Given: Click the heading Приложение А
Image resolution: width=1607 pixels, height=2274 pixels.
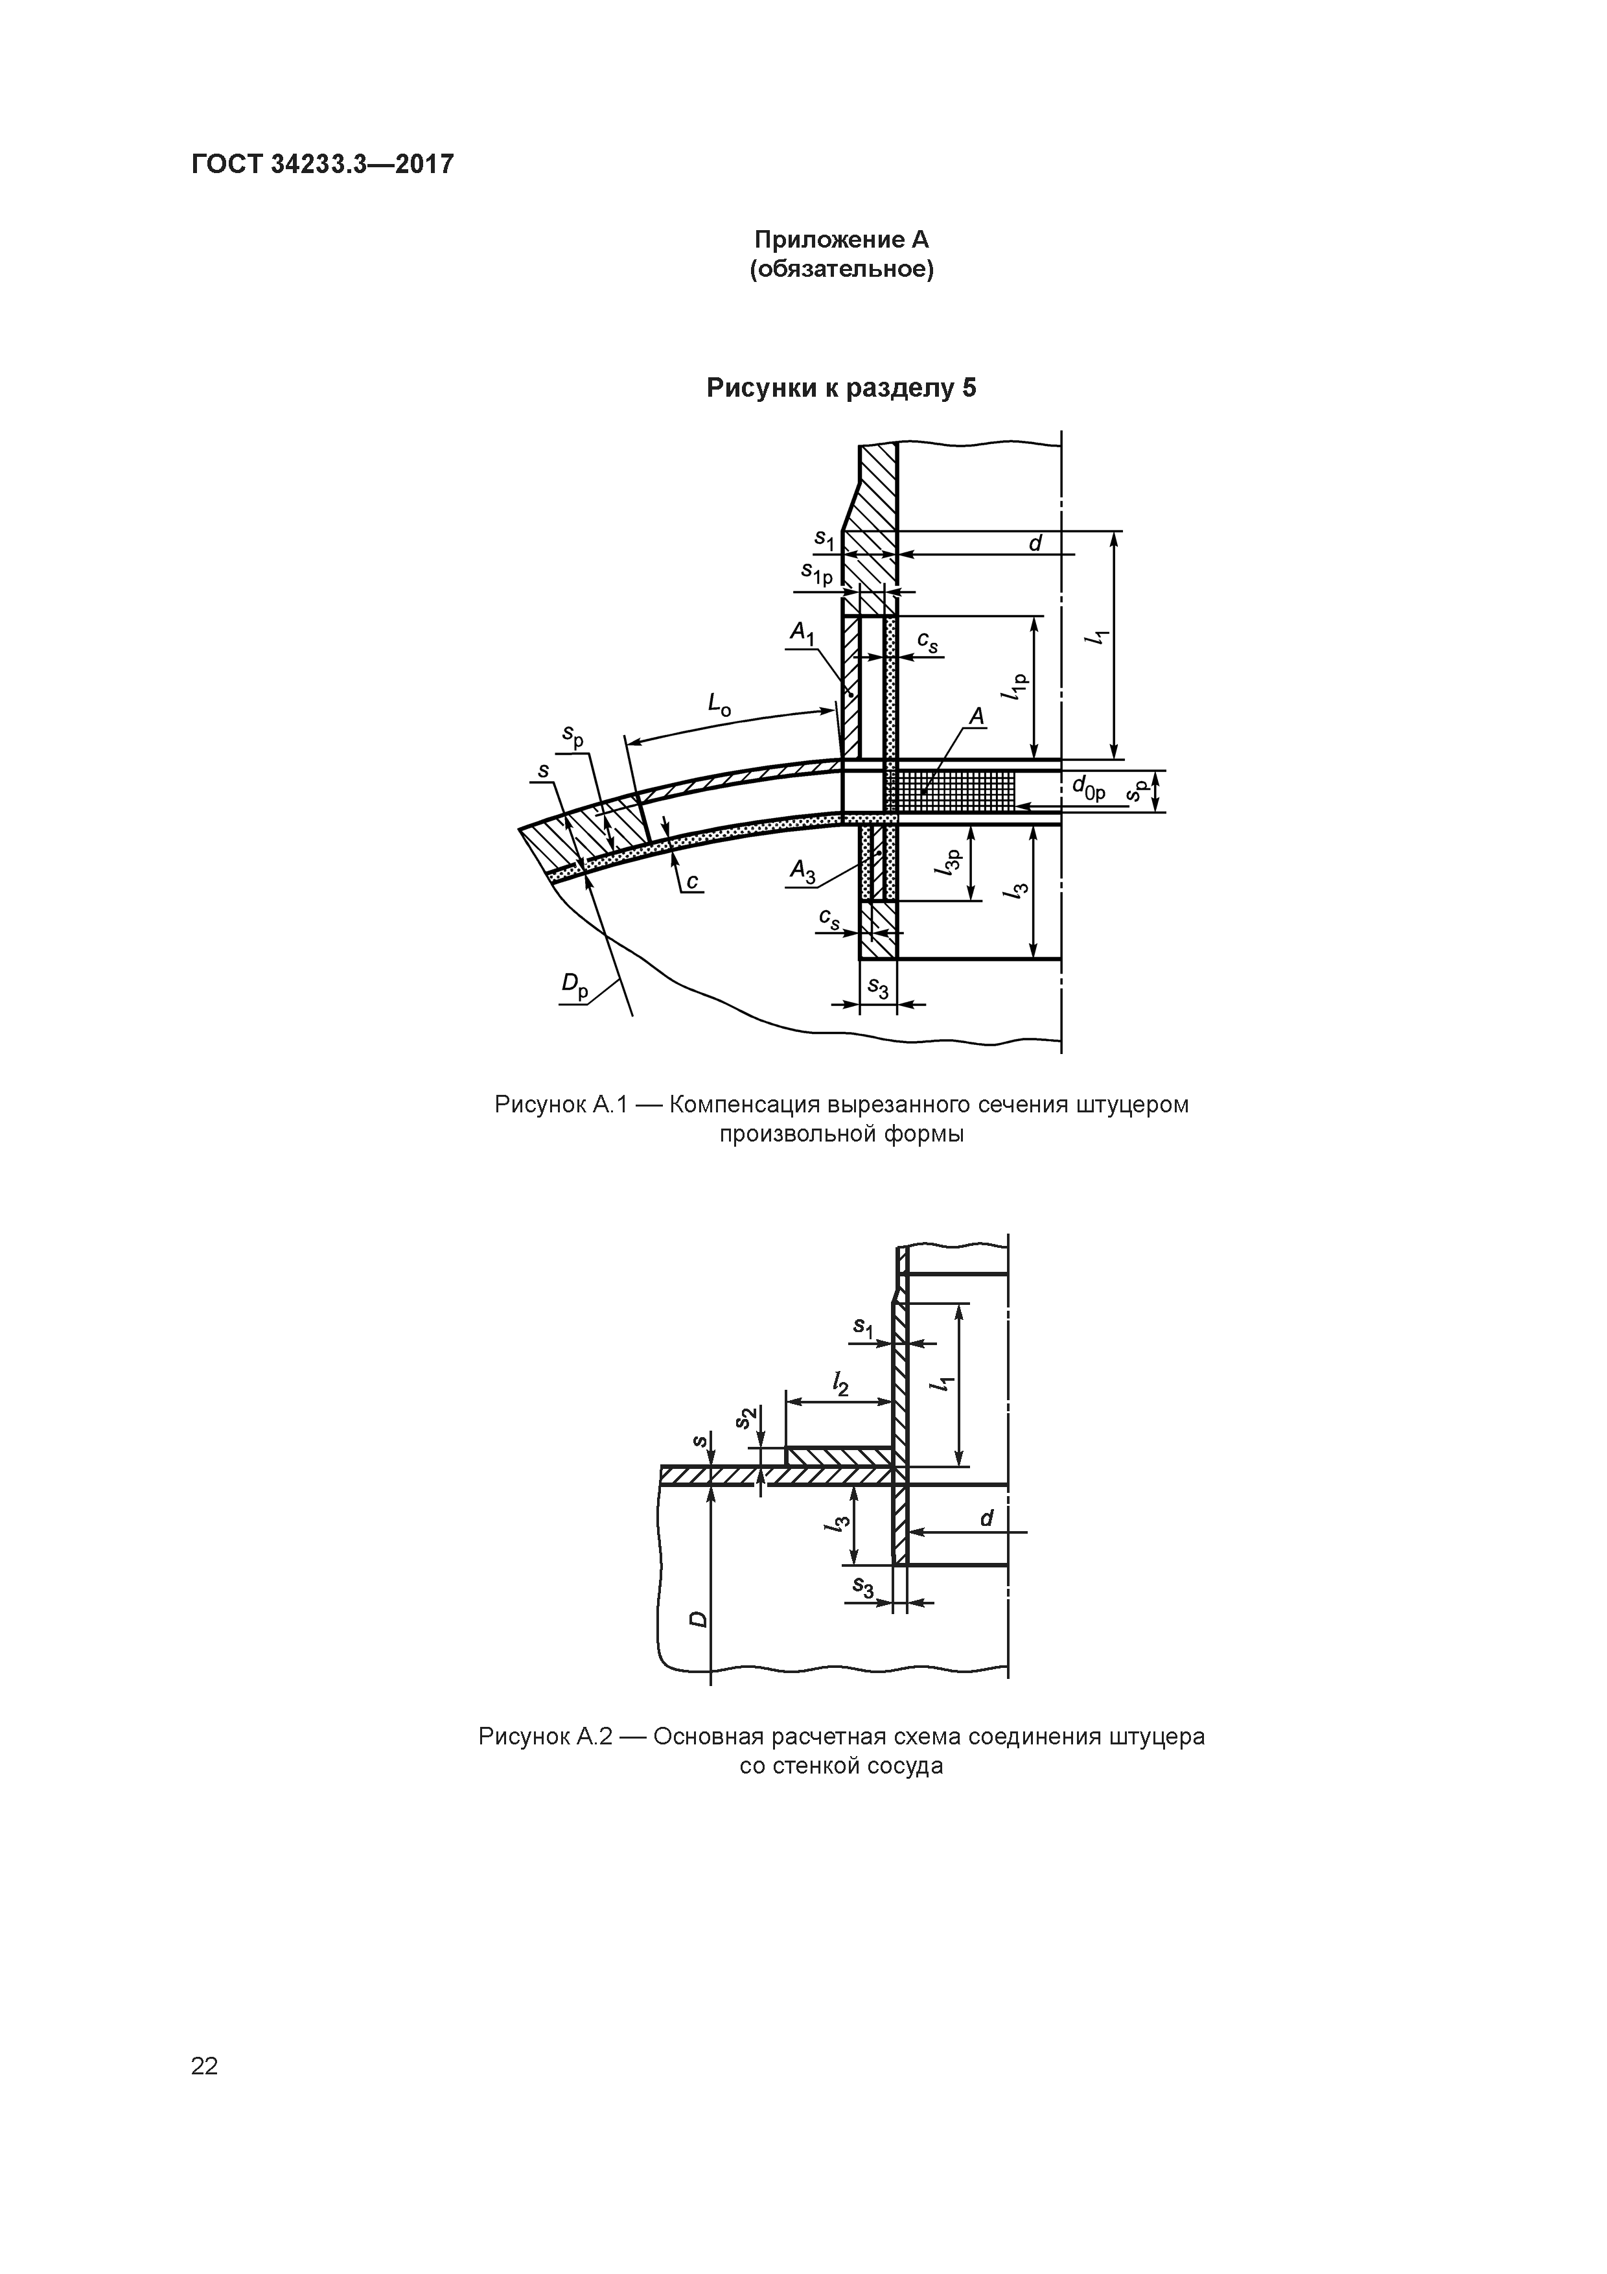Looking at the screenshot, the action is coord(842,240).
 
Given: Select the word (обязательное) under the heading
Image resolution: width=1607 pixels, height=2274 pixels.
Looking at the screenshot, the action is coord(842,270).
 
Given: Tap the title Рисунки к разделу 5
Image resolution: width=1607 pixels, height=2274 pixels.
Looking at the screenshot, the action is coord(842,388).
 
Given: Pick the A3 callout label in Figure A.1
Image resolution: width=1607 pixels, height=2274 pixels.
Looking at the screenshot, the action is coord(802,872).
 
